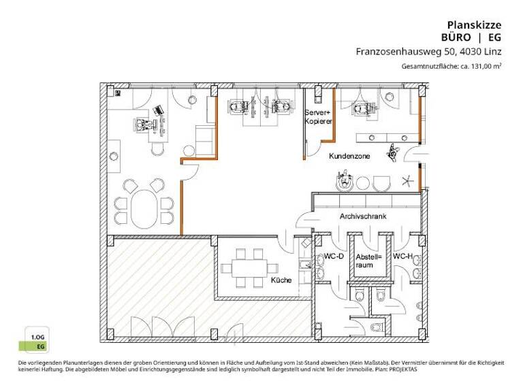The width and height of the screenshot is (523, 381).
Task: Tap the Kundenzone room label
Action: pos(349,156)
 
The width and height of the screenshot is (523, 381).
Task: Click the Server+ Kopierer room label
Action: pos(318,116)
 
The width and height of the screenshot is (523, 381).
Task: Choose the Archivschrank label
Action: pos(363,216)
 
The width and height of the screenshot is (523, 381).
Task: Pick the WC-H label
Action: pos(404,256)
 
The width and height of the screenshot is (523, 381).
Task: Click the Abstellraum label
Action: pos(368,261)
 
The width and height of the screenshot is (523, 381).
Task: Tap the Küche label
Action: pos(281,280)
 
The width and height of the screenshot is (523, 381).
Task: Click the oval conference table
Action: pos(144,208)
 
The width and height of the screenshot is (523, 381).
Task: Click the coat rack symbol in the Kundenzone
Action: pos(407,180)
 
